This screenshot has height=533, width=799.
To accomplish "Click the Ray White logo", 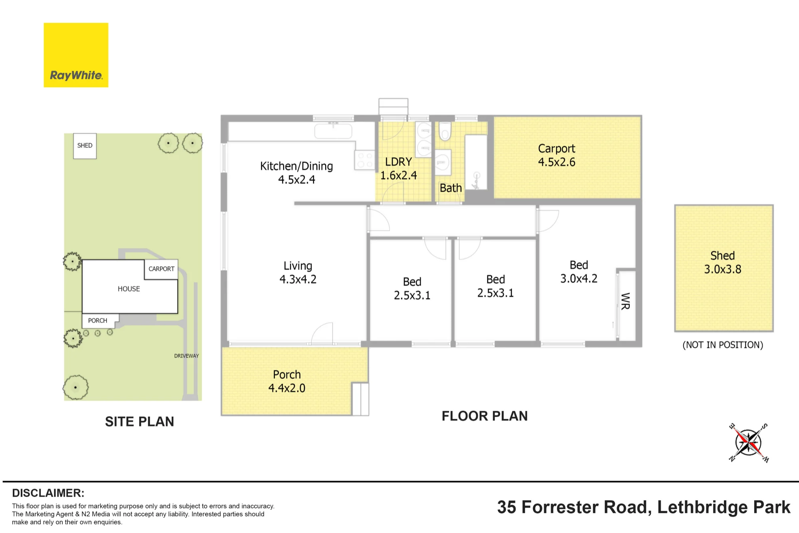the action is pyautogui.click(x=76, y=55).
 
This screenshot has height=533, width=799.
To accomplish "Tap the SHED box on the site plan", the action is pyautogui.click(x=85, y=146).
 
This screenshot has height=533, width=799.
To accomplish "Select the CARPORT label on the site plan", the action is pyautogui.click(x=161, y=269).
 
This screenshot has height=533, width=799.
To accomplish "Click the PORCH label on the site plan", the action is pyautogui.click(x=97, y=320).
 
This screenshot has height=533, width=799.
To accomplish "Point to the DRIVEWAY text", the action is pyautogui.click(x=187, y=356).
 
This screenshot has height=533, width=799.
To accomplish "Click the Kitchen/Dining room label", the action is pyautogui.click(x=296, y=166).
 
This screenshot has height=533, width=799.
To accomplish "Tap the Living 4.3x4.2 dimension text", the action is pyautogui.click(x=298, y=279).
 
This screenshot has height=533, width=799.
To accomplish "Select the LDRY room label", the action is pyautogui.click(x=398, y=162).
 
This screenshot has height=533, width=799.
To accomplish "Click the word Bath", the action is pyautogui.click(x=451, y=188).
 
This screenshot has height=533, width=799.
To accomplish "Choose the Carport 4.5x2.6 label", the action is pyautogui.click(x=557, y=155).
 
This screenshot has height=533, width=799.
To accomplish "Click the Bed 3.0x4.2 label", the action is pyautogui.click(x=579, y=272).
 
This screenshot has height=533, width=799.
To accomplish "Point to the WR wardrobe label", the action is pyautogui.click(x=626, y=301).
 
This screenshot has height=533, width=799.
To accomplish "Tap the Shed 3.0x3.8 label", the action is pyautogui.click(x=723, y=263).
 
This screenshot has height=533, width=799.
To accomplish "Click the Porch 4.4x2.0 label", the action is pyautogui.click(x=287, y=381).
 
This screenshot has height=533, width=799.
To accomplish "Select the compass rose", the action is pyautogui.click(x=748, y=443).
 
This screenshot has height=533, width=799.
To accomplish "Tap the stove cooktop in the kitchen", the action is pyautogui.click(x=365, y=160).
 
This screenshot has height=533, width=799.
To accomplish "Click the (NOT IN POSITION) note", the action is pyautogui.click(x=723, y=345).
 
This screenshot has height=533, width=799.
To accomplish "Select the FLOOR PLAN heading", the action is pyautogui.click(x=485, y=416).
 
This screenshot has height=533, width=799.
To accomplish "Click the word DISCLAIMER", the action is pyautogui.click(x=48, y=493).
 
